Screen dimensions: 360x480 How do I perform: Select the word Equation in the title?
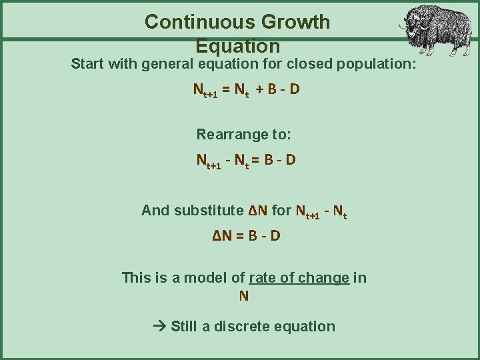(x=238, y=46)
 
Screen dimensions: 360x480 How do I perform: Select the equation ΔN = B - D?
(x=246, y=236)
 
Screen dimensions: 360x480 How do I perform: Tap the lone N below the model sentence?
(x=244, y=296)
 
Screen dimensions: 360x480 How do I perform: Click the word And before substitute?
(x=155, y=211)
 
